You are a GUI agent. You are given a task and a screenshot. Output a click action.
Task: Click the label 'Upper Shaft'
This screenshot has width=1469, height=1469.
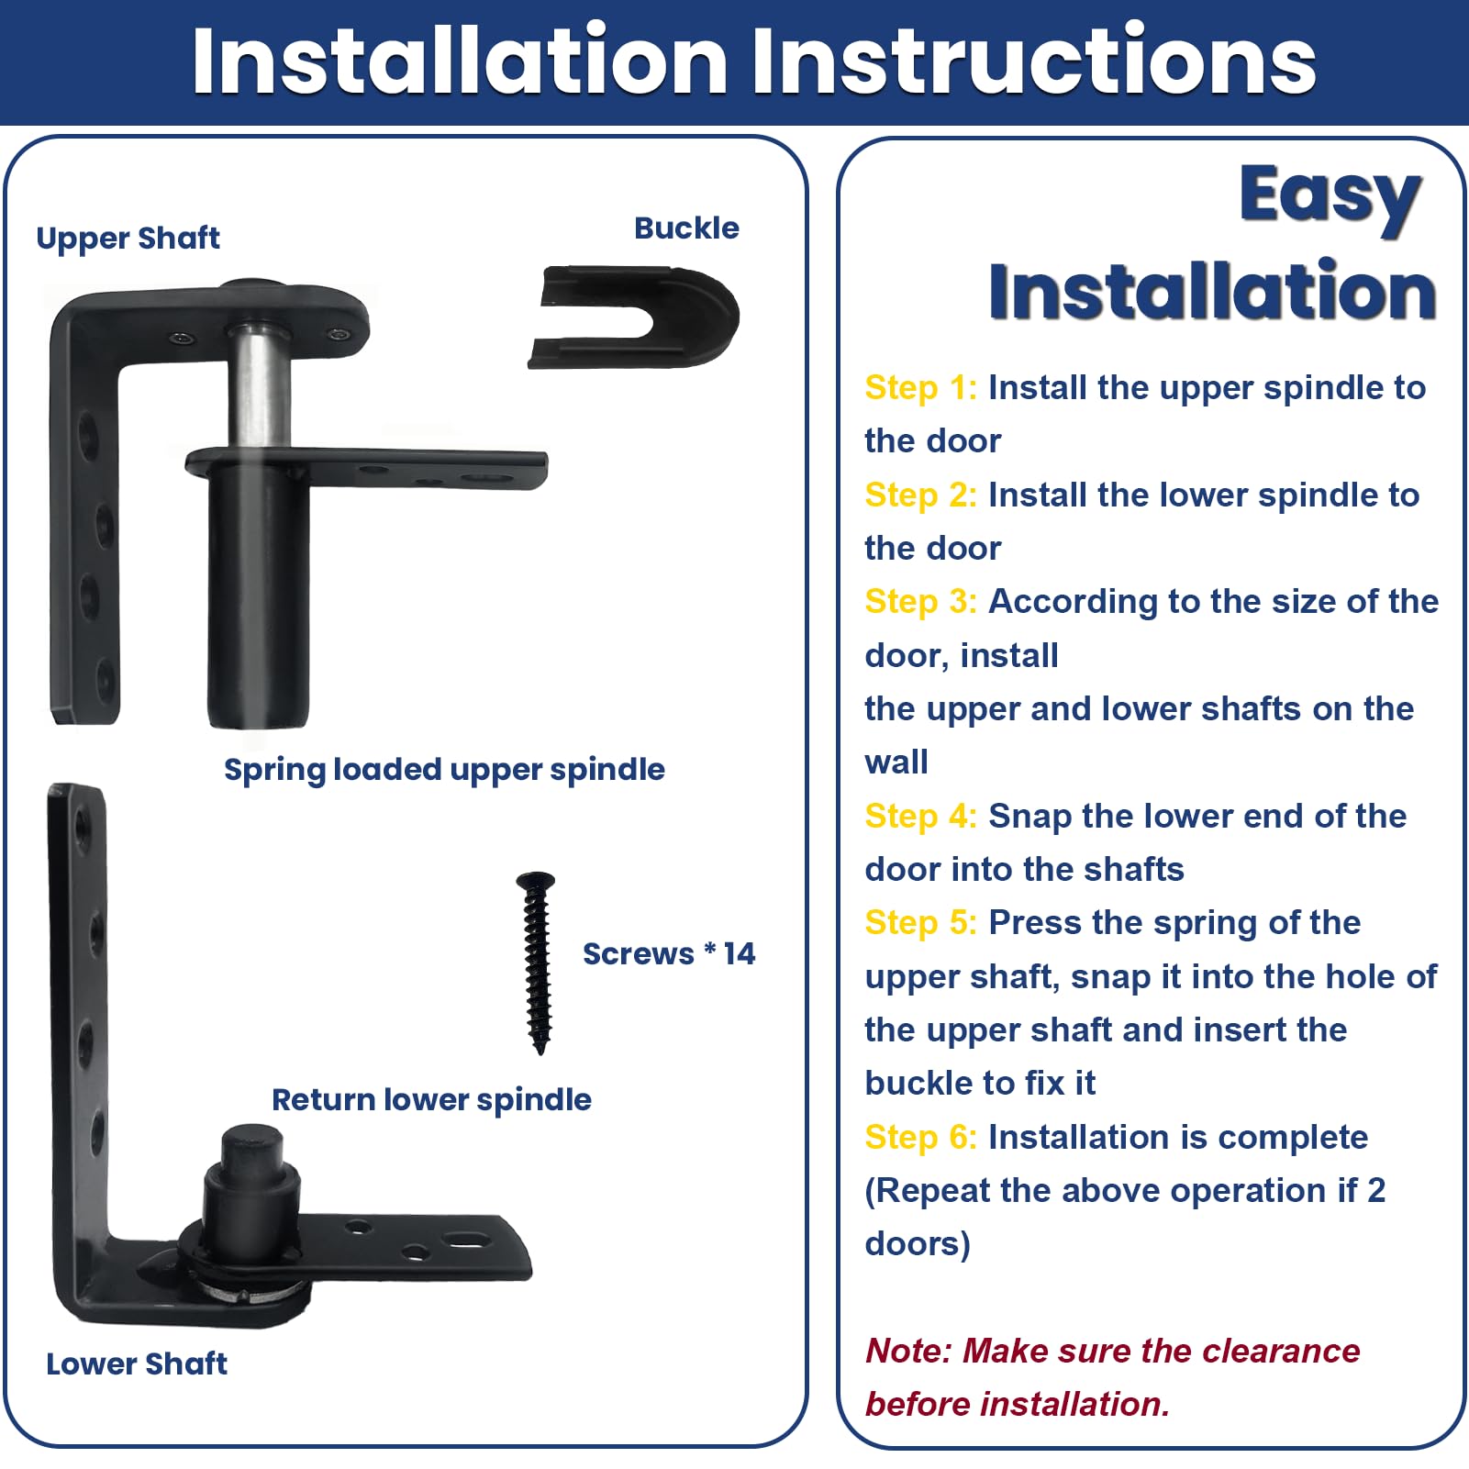128,239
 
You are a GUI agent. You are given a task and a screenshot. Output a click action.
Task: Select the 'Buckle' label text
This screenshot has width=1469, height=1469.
686,228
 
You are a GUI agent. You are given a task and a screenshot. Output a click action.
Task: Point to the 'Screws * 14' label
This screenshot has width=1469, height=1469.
668,954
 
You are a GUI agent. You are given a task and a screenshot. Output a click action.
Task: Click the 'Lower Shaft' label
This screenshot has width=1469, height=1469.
136,1363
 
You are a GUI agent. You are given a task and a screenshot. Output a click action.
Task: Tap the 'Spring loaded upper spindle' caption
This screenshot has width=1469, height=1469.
444,770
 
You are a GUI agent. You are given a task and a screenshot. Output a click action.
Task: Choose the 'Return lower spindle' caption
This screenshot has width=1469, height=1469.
431,1099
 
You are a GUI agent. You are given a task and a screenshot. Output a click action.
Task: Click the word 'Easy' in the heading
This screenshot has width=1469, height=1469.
1330,195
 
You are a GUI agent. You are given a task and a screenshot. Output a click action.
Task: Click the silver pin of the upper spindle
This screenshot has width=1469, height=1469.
259,385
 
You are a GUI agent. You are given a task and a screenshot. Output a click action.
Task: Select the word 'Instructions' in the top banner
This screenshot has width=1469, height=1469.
1033,61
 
